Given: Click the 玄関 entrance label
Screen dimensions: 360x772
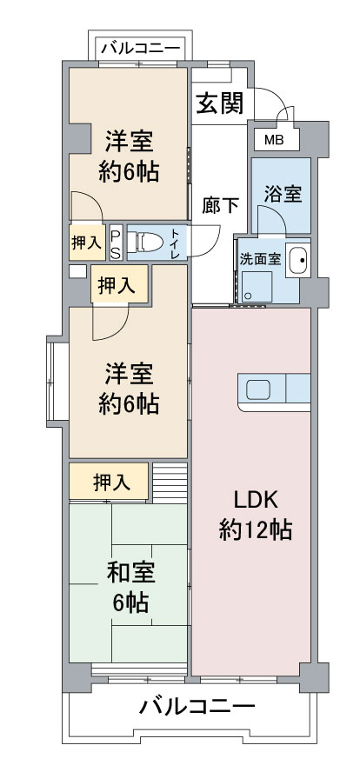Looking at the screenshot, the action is click(220, 103).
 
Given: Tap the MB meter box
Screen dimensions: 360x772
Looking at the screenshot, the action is click(277, 140).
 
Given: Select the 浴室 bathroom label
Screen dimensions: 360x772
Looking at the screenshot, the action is click(283, 195).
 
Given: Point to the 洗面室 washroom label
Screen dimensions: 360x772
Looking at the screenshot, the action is click(261, 259).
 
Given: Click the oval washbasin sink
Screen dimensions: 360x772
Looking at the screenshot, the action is click(298, 260).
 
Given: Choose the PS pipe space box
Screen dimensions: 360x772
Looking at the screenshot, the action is click(116, 243).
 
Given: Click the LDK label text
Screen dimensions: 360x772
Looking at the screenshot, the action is click(257, 500).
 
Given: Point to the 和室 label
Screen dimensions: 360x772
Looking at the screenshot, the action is click(131, 573).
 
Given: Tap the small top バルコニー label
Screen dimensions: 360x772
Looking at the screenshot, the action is click(140, 49).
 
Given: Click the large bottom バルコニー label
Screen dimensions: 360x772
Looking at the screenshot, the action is click(197, 708).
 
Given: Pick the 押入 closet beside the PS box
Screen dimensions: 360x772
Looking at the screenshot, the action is click(87, 243).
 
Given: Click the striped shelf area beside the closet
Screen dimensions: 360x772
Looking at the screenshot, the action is click(170, 482).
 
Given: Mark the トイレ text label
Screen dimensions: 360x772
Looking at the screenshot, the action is click(176, 242).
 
